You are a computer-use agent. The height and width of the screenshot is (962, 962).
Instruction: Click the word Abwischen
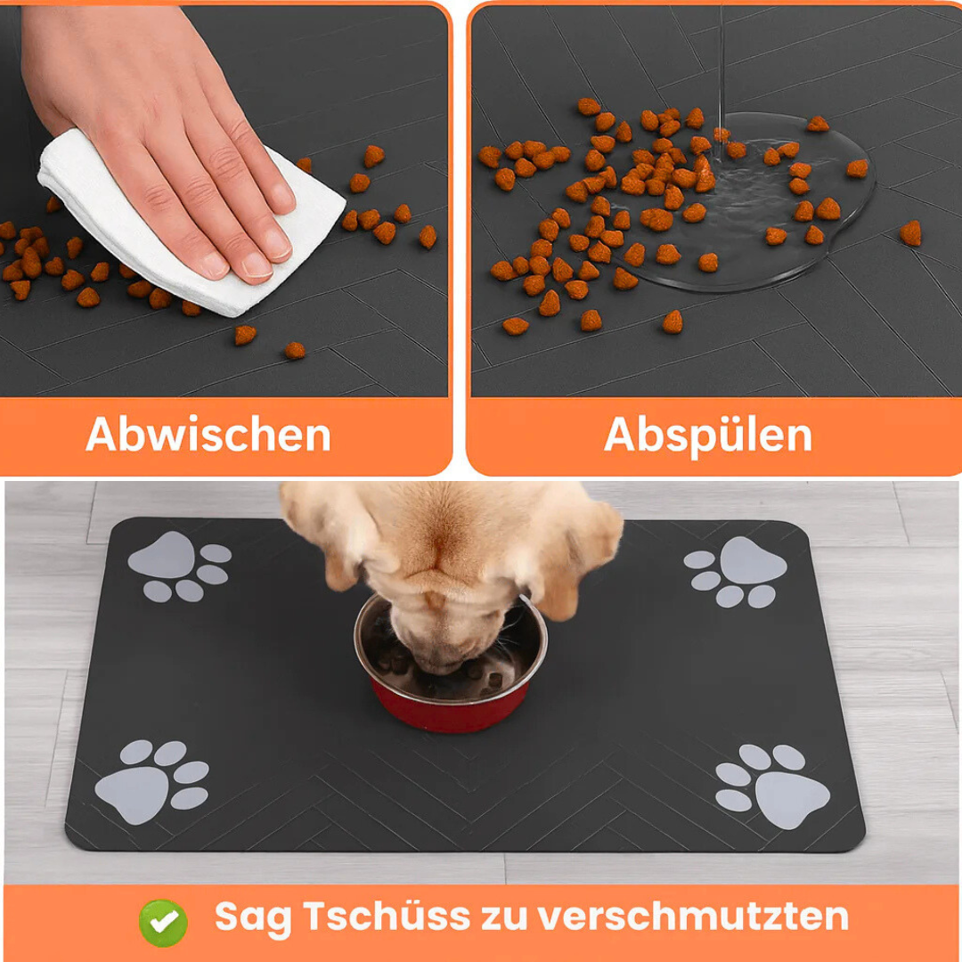tap(208, 436)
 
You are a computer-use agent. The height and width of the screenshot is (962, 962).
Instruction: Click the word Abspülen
tap(708, 436)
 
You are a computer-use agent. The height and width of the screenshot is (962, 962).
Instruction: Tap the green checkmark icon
tap(163, 922)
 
